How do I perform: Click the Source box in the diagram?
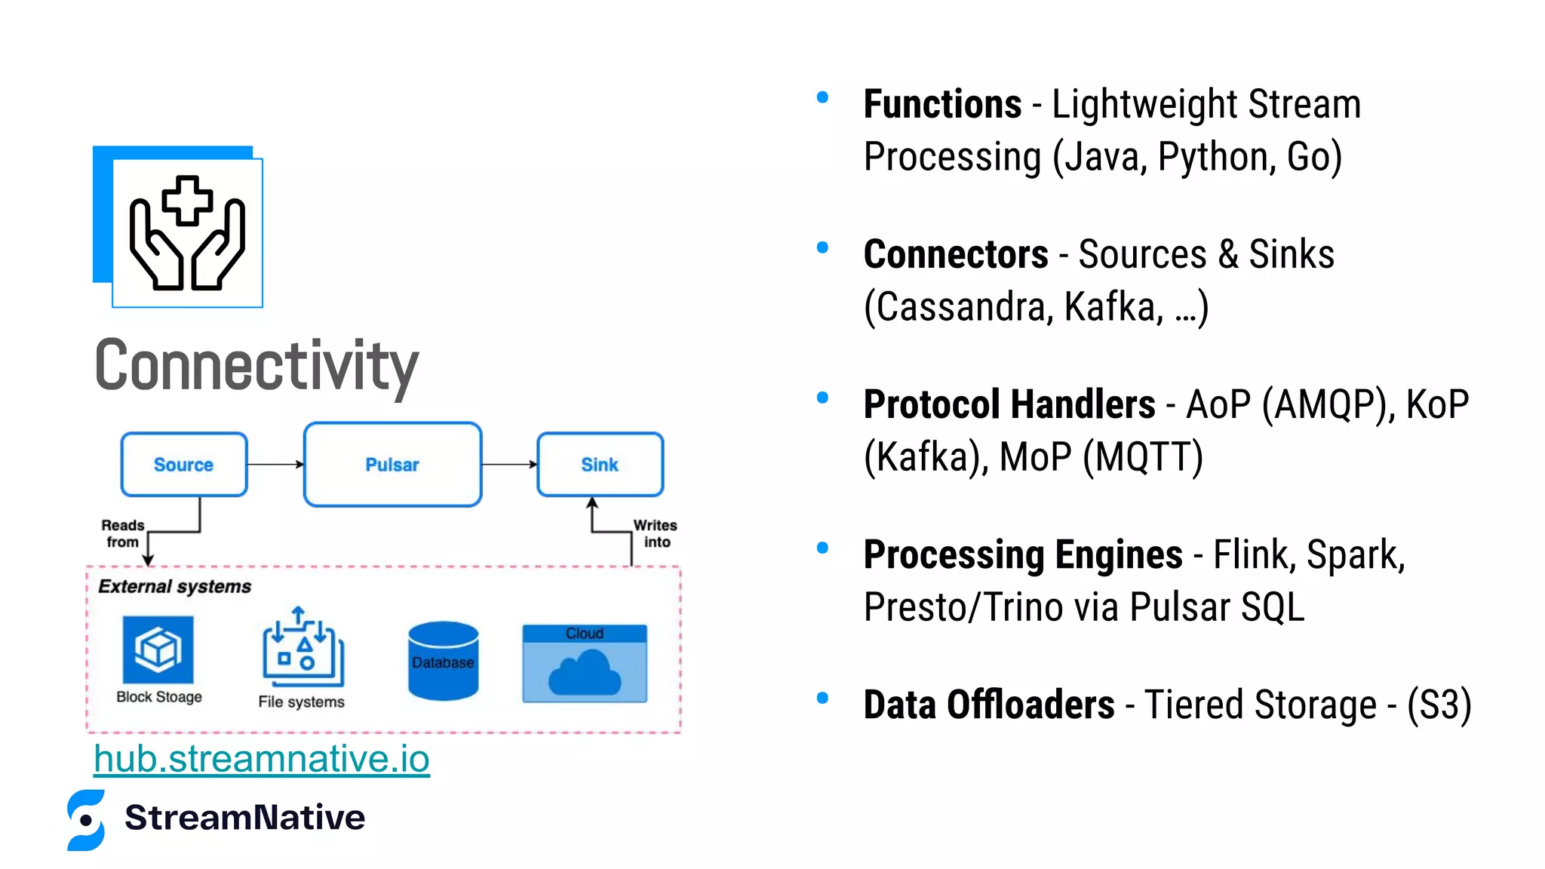tap(183, 465)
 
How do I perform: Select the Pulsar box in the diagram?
tap(392, 465)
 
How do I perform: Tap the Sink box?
tap(600, 465)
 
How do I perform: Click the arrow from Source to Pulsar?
tap(275, 465)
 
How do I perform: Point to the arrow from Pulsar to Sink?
tap(509, 465)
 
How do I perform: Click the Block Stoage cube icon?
tap(158, 649)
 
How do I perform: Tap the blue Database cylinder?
tap(443, 661)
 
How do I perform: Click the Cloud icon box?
tap(585, 664)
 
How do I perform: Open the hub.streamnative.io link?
tap(262, 759)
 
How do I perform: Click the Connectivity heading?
tap(256, 367)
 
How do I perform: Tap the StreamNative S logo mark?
tap(86, 820)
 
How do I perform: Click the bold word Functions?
tap(942, 104)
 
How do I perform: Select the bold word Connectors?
tap(956, 254)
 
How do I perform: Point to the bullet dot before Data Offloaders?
tap(822, 699)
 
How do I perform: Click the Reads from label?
tap(122, 533)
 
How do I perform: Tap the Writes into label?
tap(655, 533)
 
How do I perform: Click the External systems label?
tap(174, 587)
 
